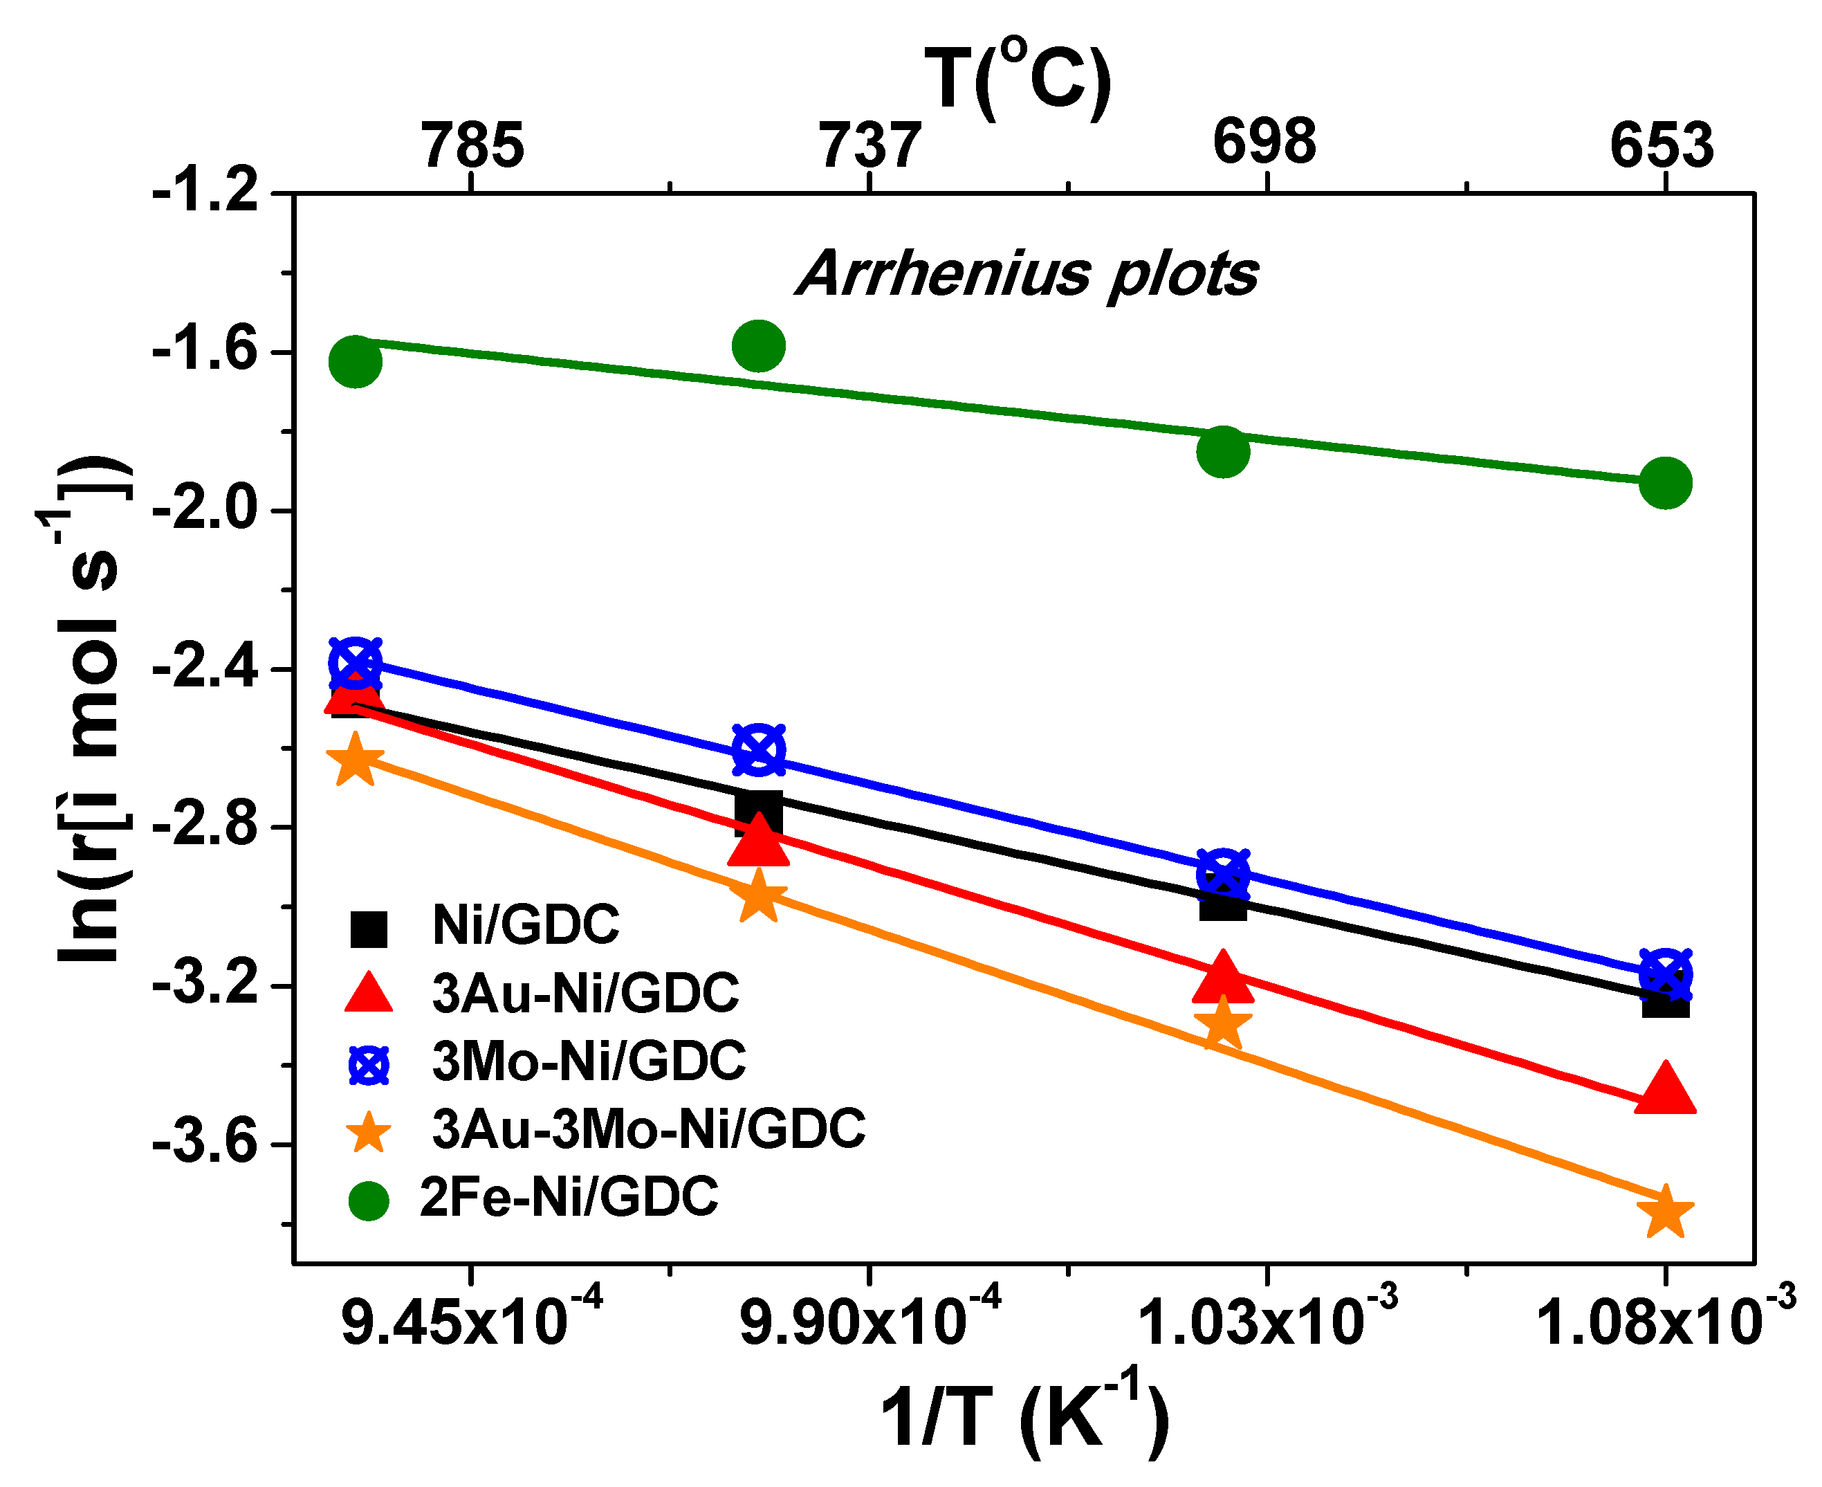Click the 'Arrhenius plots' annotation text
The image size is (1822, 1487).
1027,275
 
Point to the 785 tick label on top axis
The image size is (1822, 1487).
472,145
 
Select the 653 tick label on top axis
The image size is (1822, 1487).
1662,145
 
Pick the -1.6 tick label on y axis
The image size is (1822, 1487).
205,352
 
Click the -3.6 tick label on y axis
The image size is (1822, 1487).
205,1144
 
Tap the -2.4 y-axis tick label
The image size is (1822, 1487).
205,668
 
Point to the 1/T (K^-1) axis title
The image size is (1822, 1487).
1024,1418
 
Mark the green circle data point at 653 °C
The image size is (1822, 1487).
1665,483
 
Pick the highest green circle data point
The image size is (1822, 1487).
759,346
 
